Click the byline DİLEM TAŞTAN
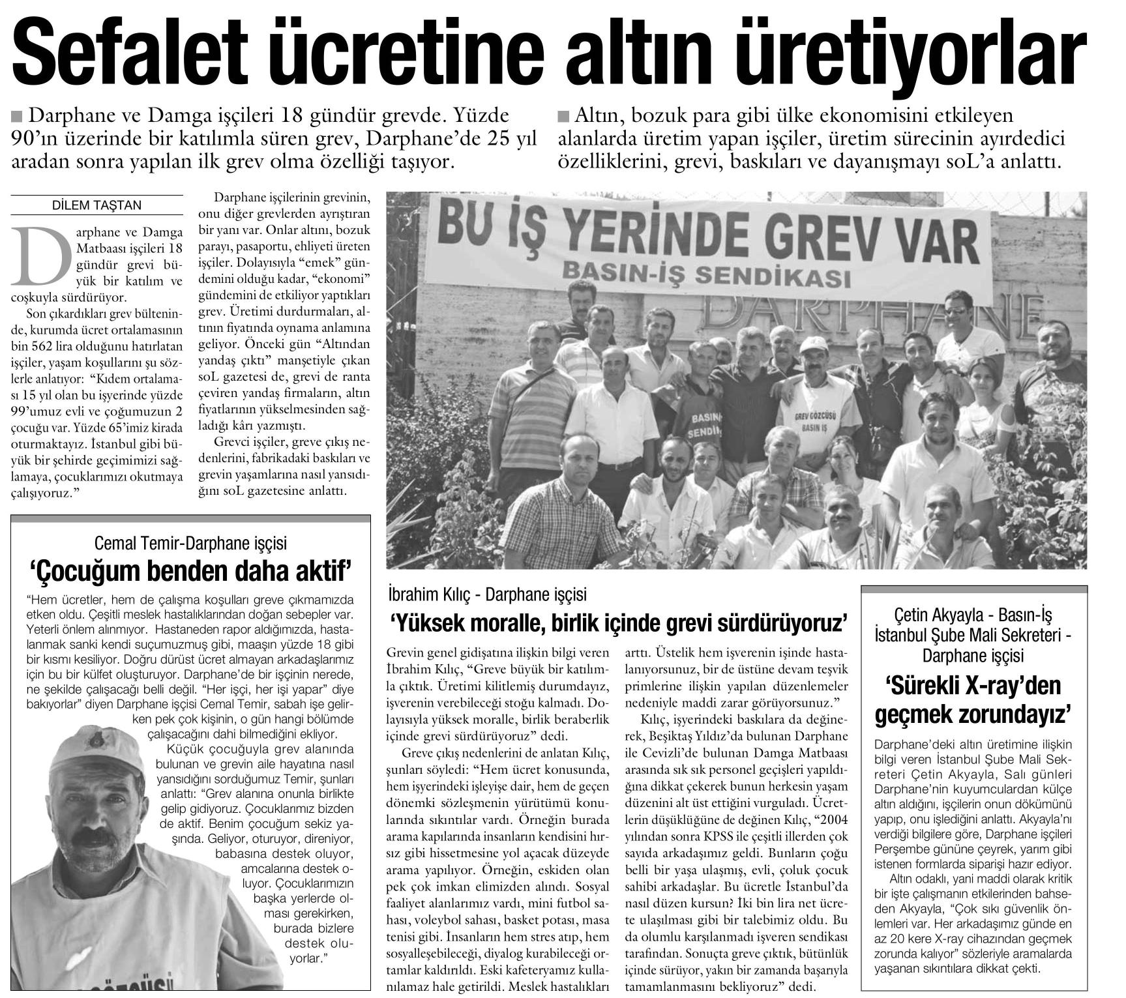point(96,205)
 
